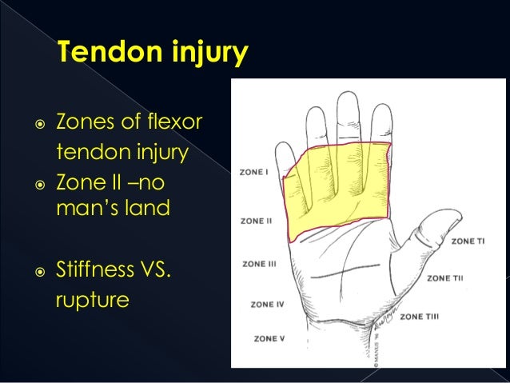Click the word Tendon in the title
pyautogui.click(x=103, y=54)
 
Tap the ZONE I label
pyautogui.click(x=255, y=172)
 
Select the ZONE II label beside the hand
pyautogui.click(x=257, y=221)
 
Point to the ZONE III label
pyautogui.click(x=258, y=264)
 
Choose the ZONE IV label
pyautogui.click(x=267, y=304)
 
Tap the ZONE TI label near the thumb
pyautogui.click(x=468, y=241)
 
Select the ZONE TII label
pyautogui.click(x=445, y=278)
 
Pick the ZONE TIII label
pyautogui.click(x=419, y=317)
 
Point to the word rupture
pyautogui.click(x=93, y=302)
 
